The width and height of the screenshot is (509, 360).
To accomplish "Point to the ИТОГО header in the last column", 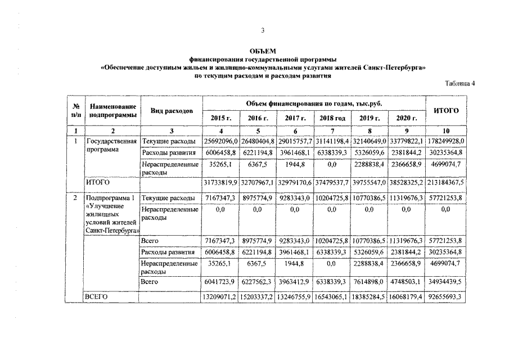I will [x=447, y=110].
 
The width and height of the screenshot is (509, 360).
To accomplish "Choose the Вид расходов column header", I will [x=172, y=111].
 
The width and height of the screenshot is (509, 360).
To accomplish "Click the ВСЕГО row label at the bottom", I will [x=96, y=295].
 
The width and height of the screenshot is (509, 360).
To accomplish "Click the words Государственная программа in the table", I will [x=110, y=146].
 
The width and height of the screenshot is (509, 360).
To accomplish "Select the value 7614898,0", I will [x=370, y=281].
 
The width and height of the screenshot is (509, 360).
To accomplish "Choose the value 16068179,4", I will [x=407, y=295].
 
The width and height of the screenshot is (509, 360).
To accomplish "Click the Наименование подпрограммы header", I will [x=113, y=110].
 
